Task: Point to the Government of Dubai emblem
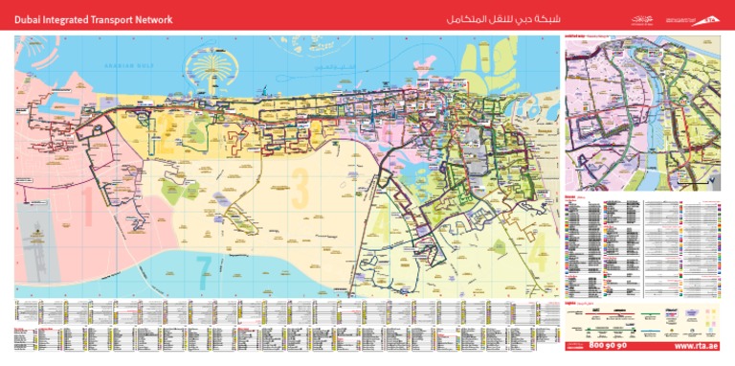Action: point(641,17)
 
